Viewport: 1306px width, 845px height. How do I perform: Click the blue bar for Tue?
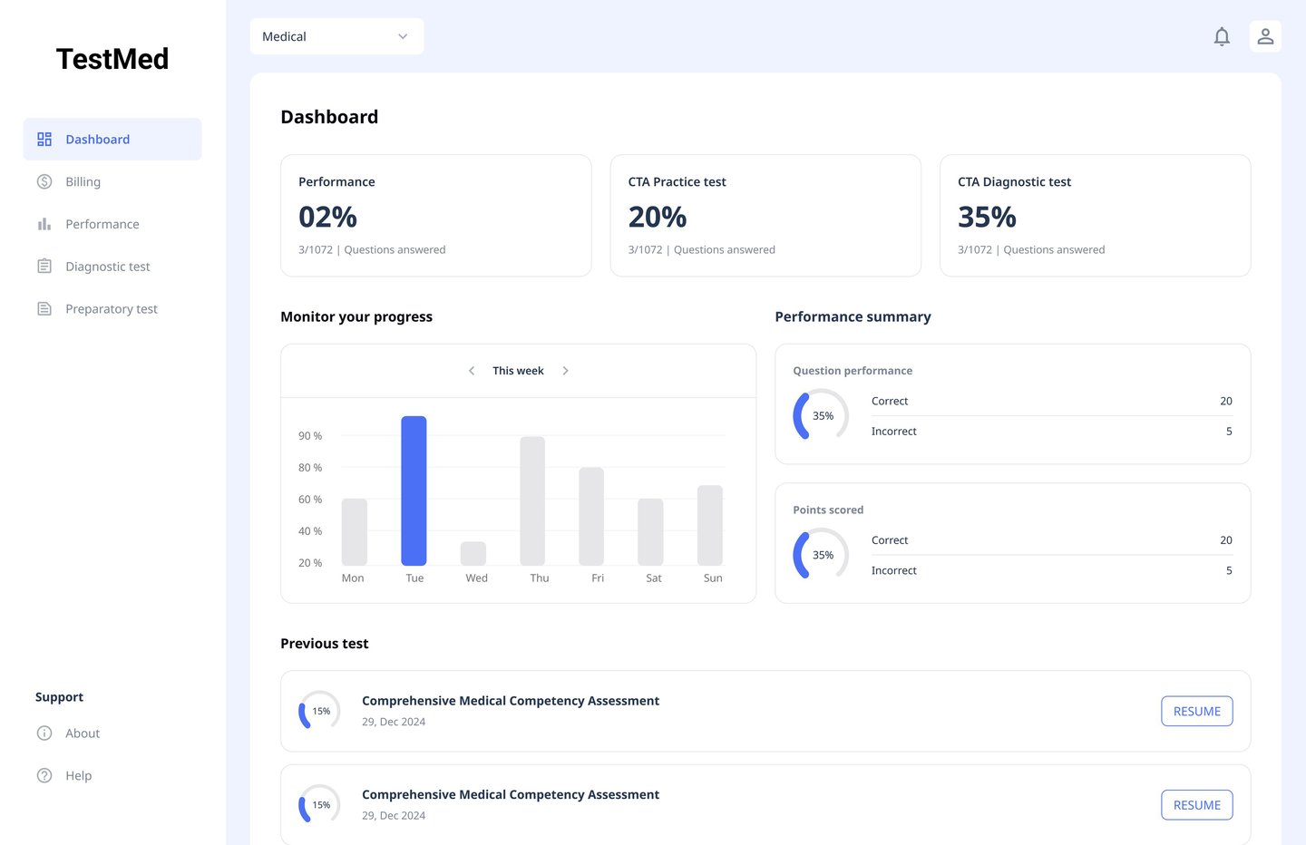coord(414,490)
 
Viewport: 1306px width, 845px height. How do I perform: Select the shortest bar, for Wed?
coord(473,553)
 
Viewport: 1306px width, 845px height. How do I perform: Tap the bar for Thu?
coord(532,500)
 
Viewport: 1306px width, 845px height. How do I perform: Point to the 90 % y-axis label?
coord(310,436)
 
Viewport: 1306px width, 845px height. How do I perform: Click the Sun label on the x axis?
coord(713,578)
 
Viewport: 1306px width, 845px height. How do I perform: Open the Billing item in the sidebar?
coord(83,182)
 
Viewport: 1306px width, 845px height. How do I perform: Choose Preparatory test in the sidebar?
coord(111,309)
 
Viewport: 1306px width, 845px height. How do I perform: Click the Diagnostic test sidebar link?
coord(107,267)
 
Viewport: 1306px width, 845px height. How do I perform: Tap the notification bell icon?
coord(1222,36)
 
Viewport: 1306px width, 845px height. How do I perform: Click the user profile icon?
coord(1265,36)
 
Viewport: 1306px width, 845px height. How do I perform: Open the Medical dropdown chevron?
coord(403,36)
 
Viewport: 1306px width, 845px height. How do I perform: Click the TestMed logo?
coord(112,59)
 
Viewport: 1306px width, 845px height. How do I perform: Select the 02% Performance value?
coord(327,218)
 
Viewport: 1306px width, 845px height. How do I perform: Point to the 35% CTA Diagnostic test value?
coord(987,218)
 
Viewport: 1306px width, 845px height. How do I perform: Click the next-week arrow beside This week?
coord(566,371)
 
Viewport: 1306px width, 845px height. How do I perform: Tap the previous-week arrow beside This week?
coord(472,371)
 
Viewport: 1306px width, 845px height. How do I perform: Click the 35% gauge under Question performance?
coord(821,415)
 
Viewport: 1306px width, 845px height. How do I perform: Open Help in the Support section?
coord(78,776)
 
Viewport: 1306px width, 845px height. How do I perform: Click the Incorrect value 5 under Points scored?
coord(1229,570)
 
